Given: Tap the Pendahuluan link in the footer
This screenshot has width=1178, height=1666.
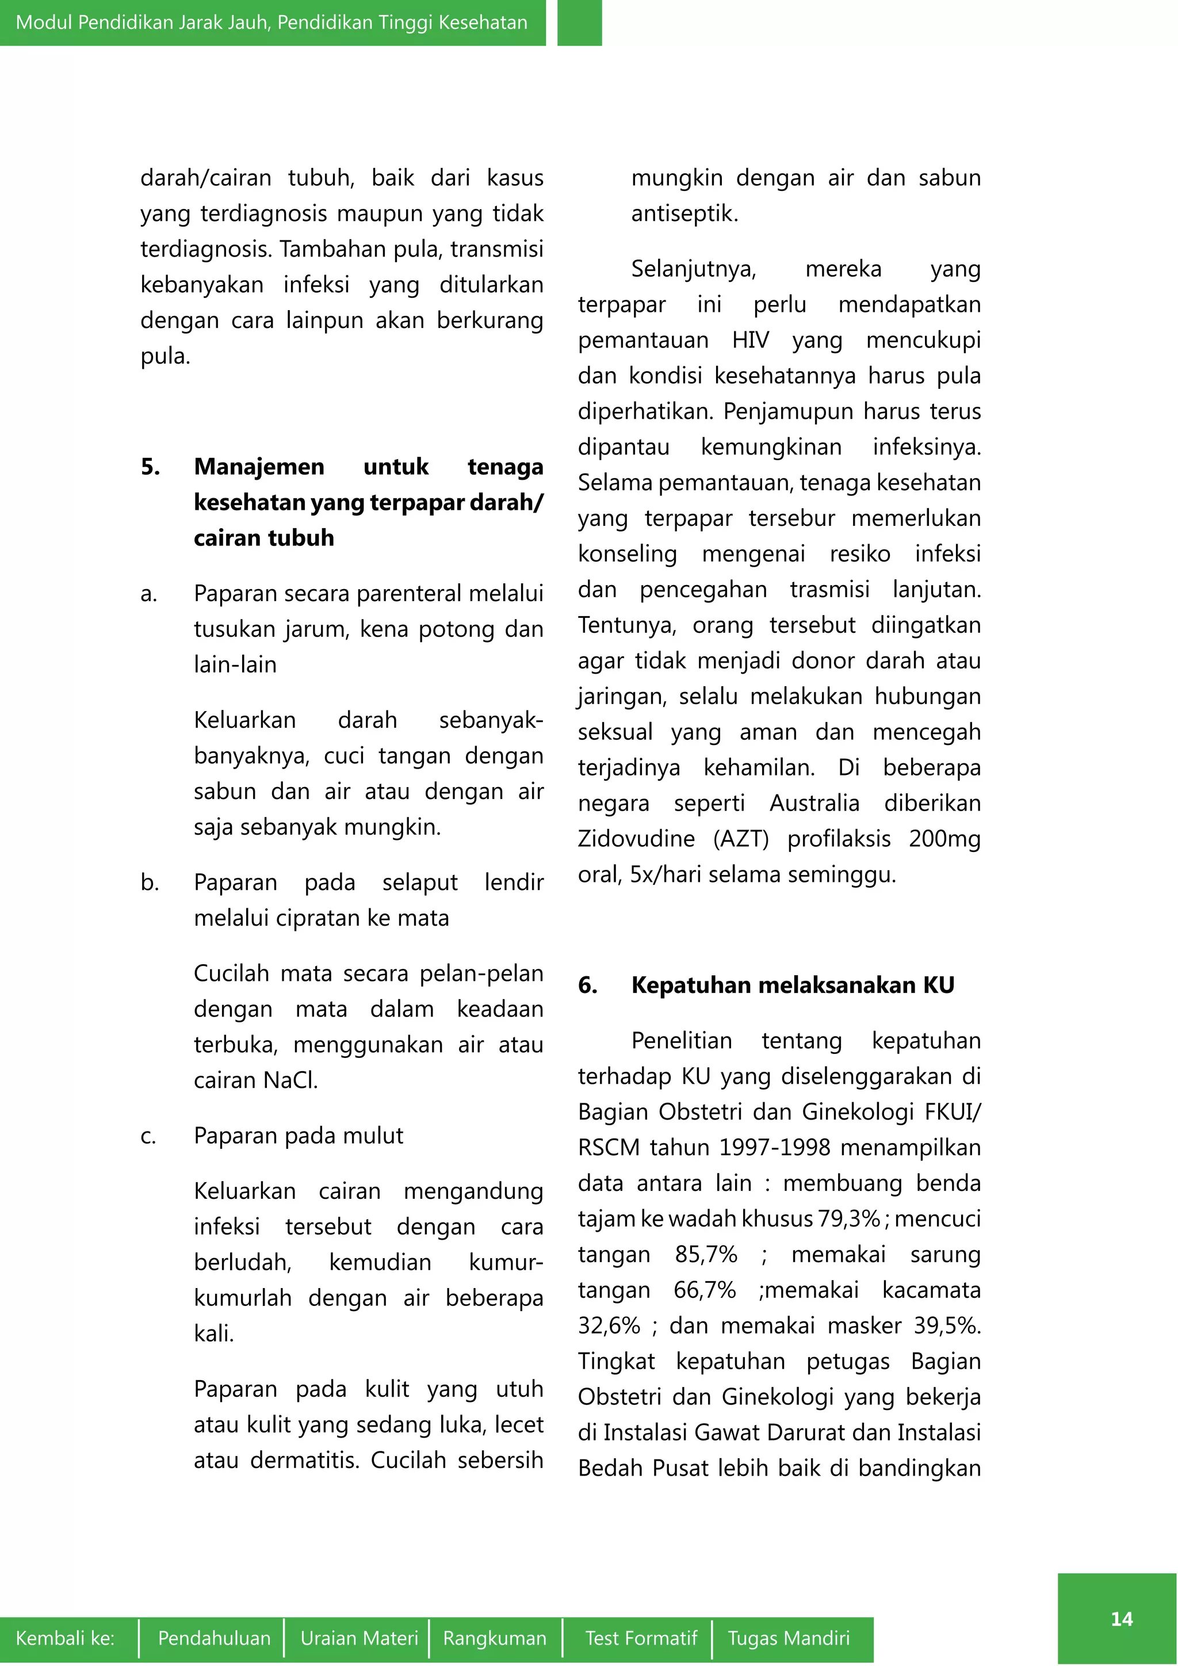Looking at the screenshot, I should coord(214,1638).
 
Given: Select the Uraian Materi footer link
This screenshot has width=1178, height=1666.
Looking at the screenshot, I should coord(359,1638).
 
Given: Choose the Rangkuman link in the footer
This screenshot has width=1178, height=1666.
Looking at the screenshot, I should coord(495,1638).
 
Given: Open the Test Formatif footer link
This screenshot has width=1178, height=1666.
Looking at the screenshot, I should coord(641,1638).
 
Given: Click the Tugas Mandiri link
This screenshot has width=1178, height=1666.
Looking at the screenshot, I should coord(789,1638).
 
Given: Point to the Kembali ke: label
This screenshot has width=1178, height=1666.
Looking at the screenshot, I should coord(65,1638).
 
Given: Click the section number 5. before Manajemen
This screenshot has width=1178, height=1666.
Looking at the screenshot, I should coord(150,467).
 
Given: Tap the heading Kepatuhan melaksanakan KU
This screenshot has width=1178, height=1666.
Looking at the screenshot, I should coord(792,985).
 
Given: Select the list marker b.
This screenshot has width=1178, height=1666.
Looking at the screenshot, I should coord(150,882).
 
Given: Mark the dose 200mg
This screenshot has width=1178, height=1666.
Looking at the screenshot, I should coord(944,839).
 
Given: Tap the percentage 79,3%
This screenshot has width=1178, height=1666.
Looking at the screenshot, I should coord(848,1219).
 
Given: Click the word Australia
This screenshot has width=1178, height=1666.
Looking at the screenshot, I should coord(814,803).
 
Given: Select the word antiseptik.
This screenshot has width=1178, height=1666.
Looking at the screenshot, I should coord(684,214).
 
